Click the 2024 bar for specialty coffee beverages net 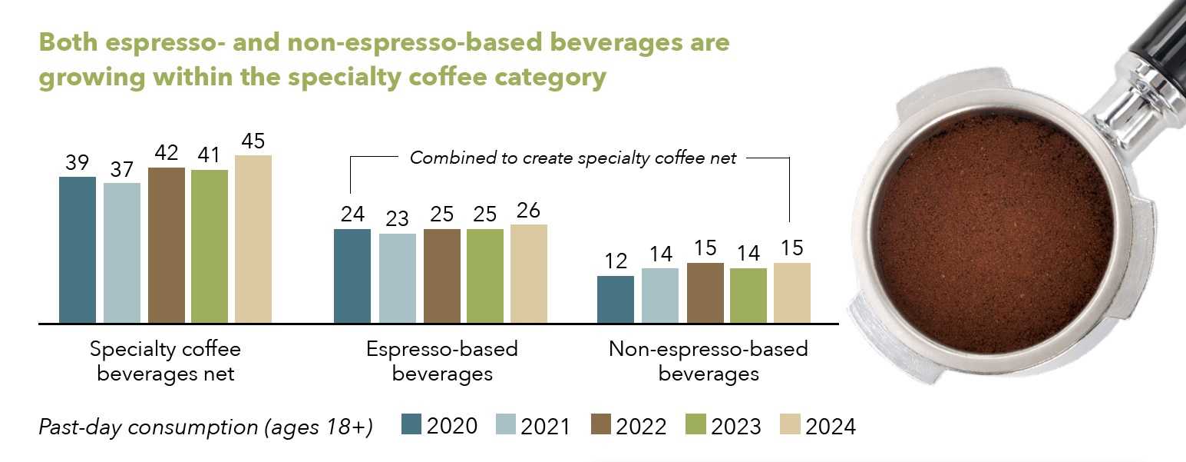(x=253, y=239)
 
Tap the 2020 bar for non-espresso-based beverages (x=615, y=299)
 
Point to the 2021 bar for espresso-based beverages (x=397, y=278)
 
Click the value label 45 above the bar (x=253, y=142)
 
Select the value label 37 (x=121, y=170)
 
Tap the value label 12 (x=615, y=262)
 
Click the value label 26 (x=528, y=211)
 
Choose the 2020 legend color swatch (x=411, y=424)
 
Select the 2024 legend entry (x=818, y=425)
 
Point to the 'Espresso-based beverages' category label (x=441, y=361)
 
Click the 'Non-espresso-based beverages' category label (x=708, y=361)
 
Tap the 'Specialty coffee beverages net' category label (x=165, y=361)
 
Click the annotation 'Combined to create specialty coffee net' (x=573, y=158)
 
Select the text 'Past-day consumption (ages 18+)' (x=206, y=427)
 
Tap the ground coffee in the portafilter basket (x=991, y=238)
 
